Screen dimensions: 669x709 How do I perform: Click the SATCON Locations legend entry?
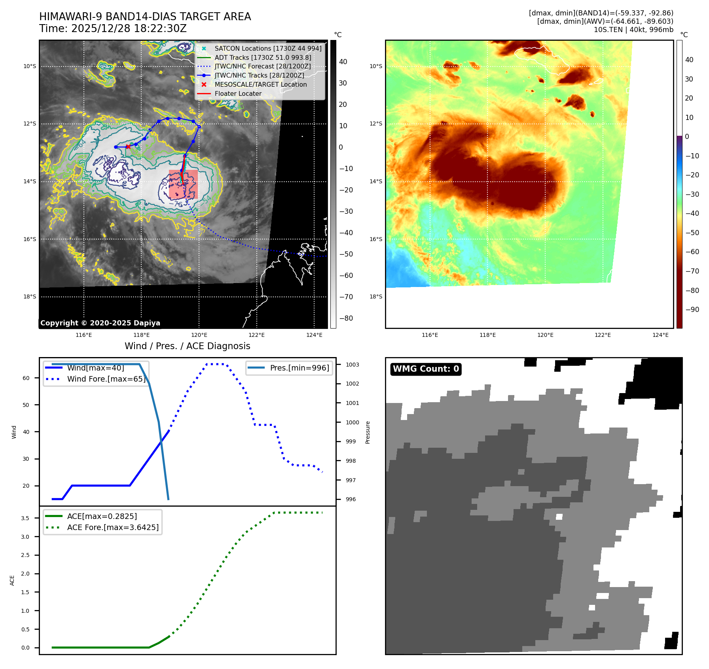click(x=268, y=48)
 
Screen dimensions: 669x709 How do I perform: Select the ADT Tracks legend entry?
click(x=263, y=57)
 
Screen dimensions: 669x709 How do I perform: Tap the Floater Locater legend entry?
click(x=238, y=93)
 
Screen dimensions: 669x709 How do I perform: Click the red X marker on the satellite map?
click(x=128, y=146)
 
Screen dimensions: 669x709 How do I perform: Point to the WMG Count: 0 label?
click(x=426, y=369)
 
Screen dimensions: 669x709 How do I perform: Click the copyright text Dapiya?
click(x=100, y=323)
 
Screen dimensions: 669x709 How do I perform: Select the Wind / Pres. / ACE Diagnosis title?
click(x=187, y=346)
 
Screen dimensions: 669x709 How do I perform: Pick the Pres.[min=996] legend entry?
click(x=299, y=368)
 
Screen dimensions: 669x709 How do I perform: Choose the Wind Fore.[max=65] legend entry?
click(x=106, y=379)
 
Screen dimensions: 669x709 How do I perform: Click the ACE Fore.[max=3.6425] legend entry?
click(x=113, y=527)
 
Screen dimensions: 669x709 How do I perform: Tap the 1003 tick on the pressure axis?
click(x=352, y=365)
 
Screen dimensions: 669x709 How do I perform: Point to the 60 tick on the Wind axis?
click(x=26, y=378)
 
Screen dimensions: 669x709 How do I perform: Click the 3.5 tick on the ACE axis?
click(x=25, y=518)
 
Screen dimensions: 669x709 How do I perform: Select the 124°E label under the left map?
click(x=314, y=335)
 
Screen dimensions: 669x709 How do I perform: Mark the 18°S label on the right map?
click(x=376, y=296)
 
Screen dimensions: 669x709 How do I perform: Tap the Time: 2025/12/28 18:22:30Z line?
click(x=113, y=29)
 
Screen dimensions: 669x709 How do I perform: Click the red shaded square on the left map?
click(x=183, y=184)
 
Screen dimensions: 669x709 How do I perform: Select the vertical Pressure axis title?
click(x=368, y=432)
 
